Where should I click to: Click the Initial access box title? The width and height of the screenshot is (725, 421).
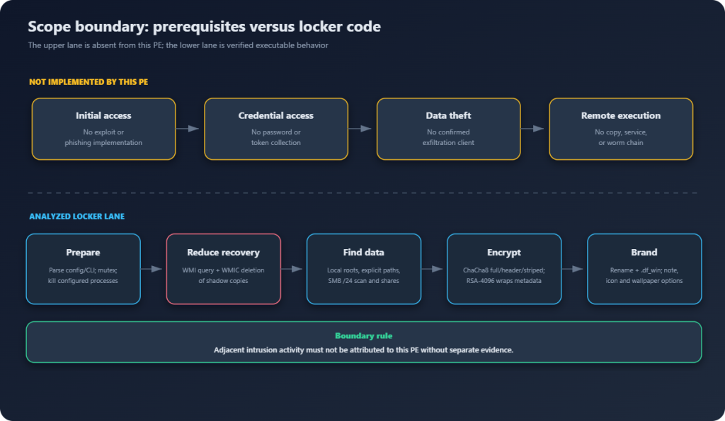pyautogui.click(x=103, y=115)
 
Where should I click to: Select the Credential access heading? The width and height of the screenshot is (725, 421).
pyautogui.click(x=276, y=115)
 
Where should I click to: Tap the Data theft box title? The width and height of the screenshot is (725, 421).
pyautogui.click(x=448, y=115)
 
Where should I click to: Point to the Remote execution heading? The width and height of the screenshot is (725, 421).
pyautogui.click(x=621, y=115)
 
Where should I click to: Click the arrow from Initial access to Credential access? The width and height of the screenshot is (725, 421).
pyautogui.click(x=188, y=129)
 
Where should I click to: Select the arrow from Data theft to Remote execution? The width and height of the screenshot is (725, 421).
pyautogui.click(x=532, y=129)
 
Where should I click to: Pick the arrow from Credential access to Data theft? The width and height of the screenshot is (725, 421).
pyautogui.click(x=360, y=129)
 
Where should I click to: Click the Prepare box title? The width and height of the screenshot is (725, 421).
pyautogui.click(x=84, y=253)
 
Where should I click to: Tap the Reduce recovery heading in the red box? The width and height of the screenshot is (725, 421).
pyautogui.click(x=223, y=253)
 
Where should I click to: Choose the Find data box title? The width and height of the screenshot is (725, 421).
pyautogui.click(x=363, y=253)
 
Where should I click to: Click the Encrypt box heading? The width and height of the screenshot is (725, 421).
pyautogui.click(x=504, y=253)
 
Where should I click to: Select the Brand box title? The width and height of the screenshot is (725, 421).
pyautogui.click(x=644, y=253)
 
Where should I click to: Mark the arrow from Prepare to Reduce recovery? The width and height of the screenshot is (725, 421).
pyautogui.click(x=152, y=268)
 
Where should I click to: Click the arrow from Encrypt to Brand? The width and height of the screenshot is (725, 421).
pyautogui.click(x=573, y=268)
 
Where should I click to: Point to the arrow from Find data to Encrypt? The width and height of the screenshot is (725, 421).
pyautogui.click(x=433, y=268)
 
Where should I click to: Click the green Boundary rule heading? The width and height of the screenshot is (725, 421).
pyautogui.click(x=364, y=336)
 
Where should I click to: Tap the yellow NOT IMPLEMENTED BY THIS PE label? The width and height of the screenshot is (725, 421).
pyautogui.click(x=89, y=82)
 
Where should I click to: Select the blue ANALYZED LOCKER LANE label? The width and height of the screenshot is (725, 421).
pyautogui.click(x=76, y=217)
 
